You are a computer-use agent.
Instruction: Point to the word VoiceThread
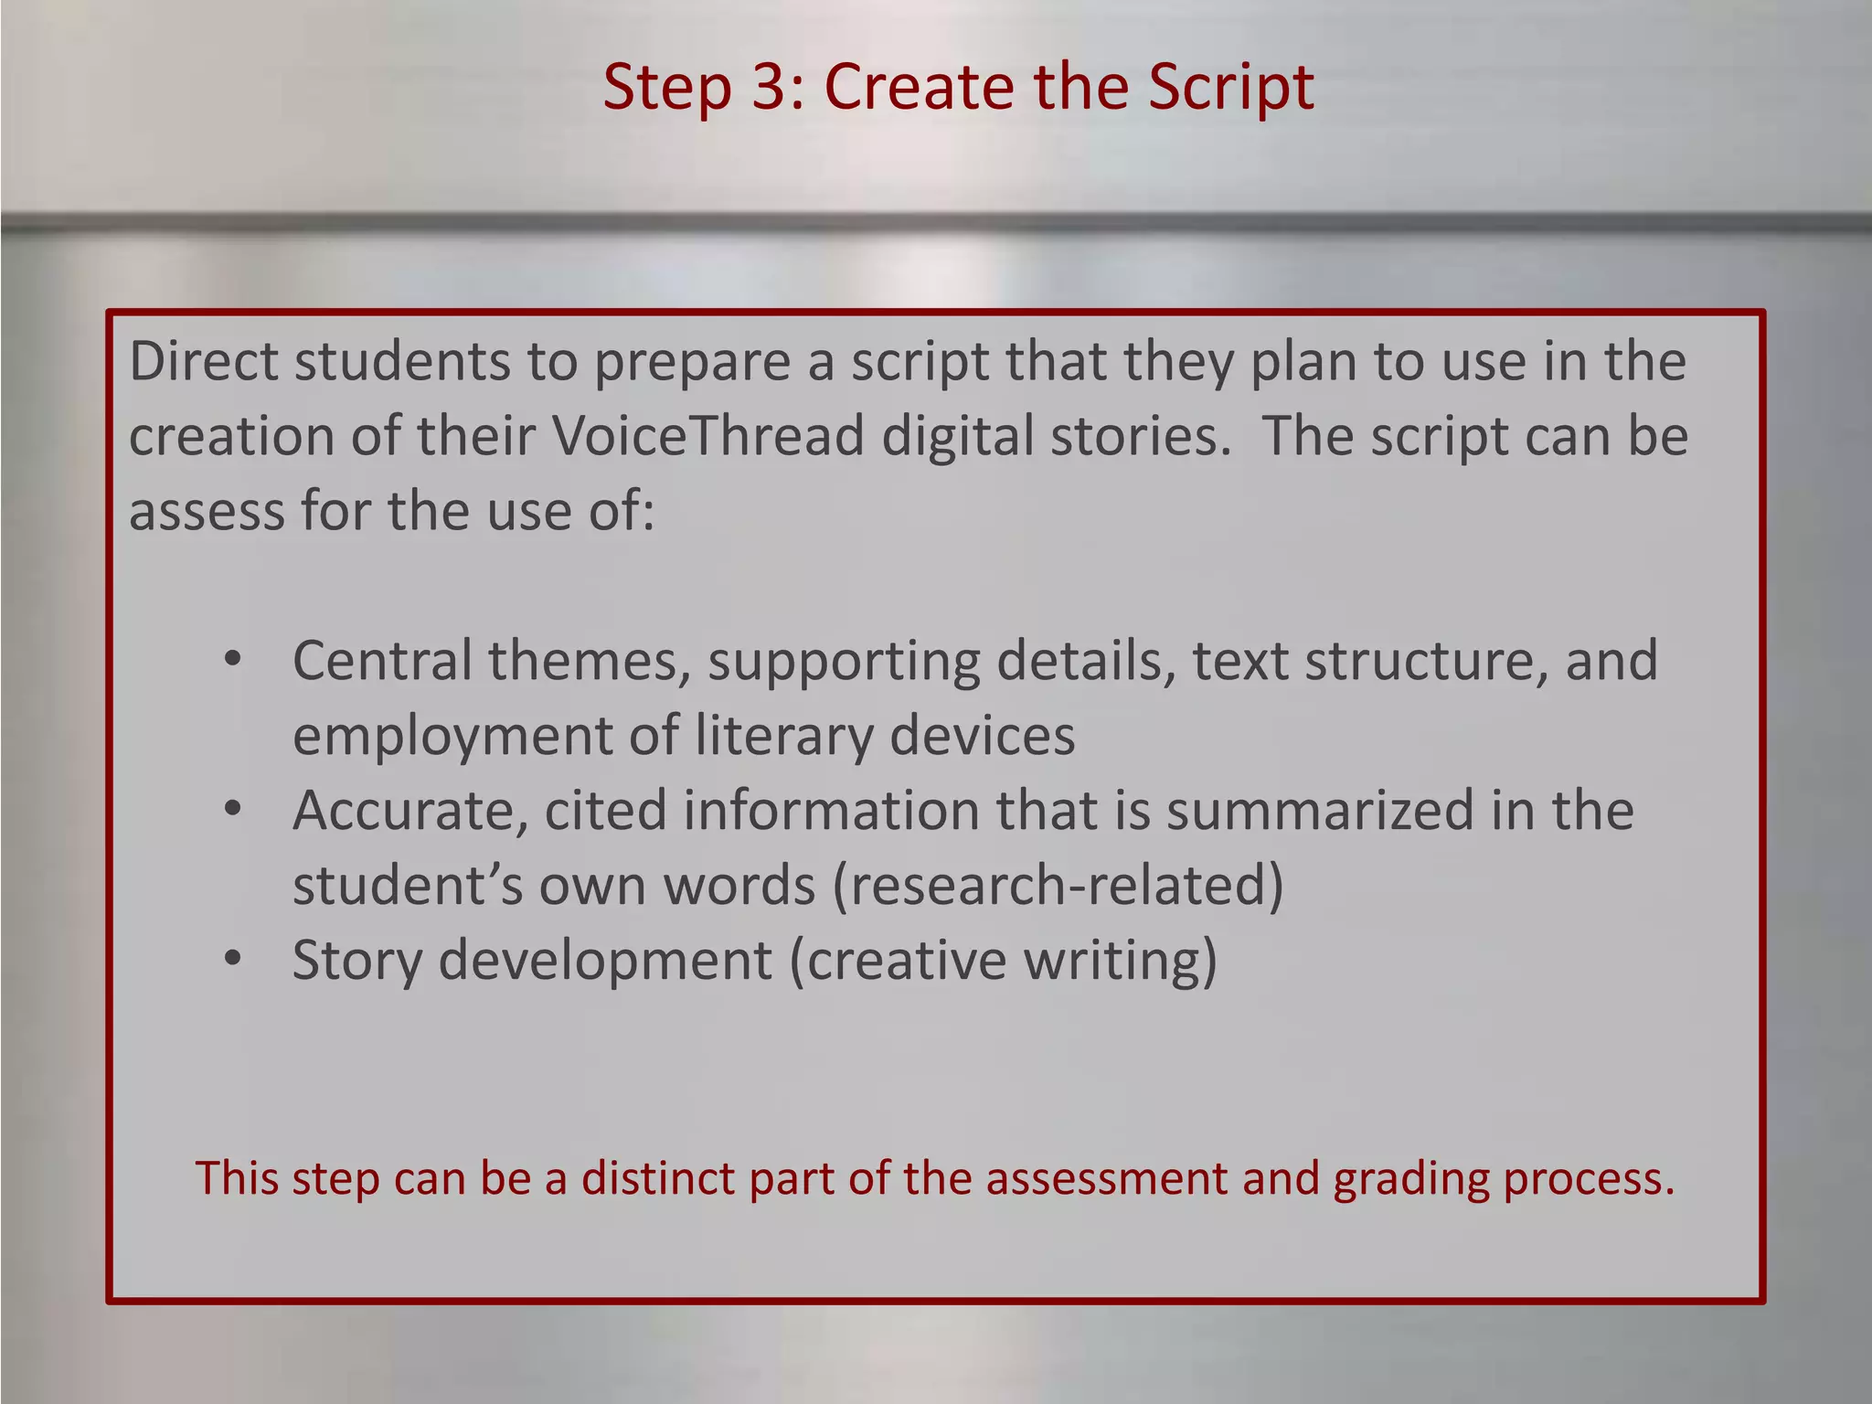pos(708,436)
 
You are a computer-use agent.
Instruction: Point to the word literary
pos(782,737)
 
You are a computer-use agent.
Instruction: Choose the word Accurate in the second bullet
pos(410,812)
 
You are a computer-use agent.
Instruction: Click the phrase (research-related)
pos(1058,887)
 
